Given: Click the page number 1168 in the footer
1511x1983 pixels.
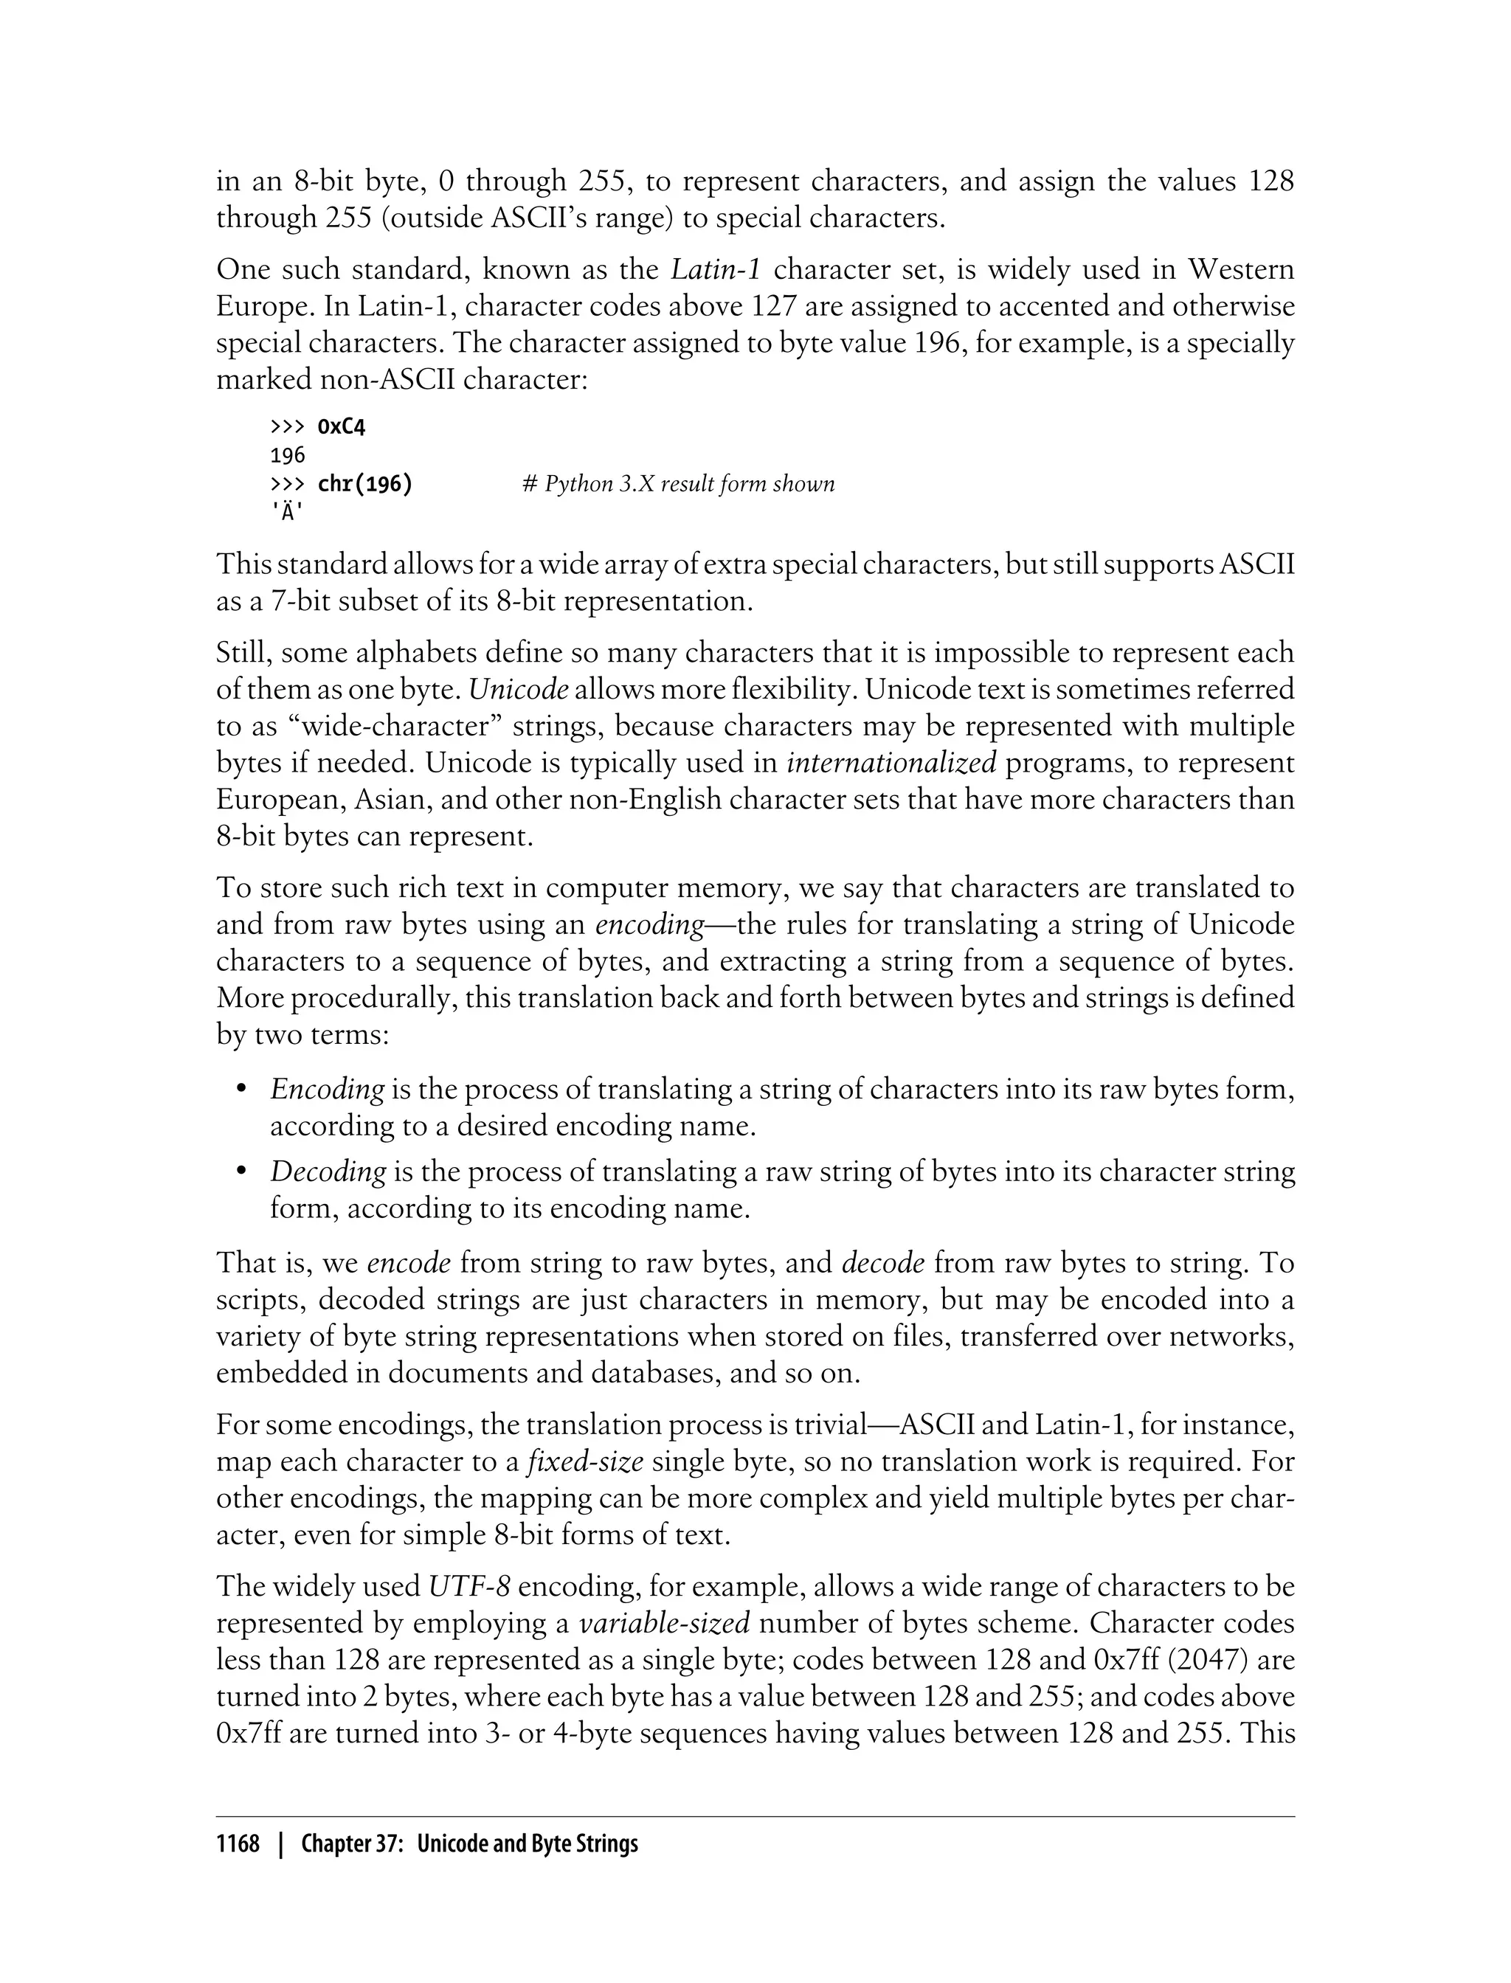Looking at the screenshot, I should pyautogui.click(x=238, y=1844).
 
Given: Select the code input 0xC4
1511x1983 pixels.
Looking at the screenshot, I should pyautogui.click(x=342, y=426).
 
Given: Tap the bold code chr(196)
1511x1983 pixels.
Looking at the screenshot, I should pyautogui.click(x=365, y=484).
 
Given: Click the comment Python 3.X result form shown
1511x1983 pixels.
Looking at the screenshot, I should pyautogui.click(x=678, y=484).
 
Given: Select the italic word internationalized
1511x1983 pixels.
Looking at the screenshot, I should pyautogui.click(x=891, y=763).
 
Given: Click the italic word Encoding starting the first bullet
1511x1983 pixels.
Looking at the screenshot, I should pyautogui.click(x=328, y=1089).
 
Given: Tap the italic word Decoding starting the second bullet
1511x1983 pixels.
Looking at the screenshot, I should pyautogui.click(x=328, y=1171).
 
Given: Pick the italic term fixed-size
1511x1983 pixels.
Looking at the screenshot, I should pyautogui.click(x=586, y=1461).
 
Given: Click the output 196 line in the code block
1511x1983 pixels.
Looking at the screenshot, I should pyautogui.click(x=288, y=455).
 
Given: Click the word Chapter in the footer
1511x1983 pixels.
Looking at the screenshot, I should pyautogui.click(x=336, y=1844).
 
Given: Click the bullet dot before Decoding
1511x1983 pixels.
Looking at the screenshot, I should pyautogui.click(x=240, y=1171).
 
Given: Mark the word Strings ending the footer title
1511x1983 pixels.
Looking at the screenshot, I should pyautogui.click(x=611, y=1844).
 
